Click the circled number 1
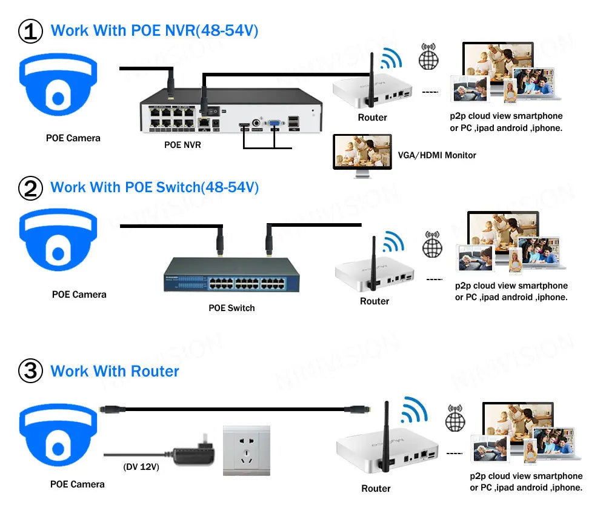[x=30, y=32]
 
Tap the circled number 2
[x=30, y=189]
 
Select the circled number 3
[x=30, y=370]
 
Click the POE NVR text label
[x=182, y=145]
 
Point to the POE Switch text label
[x=231, y=308]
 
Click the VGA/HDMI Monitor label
[x=437, y=155]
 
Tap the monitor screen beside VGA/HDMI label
[x=362, y=151]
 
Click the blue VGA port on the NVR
[x=275, y=123]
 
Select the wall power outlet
[x=247, y=450]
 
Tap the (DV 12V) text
[x=141, y=467]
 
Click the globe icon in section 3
[x=455, y=418]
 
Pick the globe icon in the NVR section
[x=428, y=56]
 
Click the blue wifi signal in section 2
[x=394, y=242]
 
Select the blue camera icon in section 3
[x=58, y=435]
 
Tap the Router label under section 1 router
[x=372, y=118]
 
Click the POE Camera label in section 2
[x=79, y=295]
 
